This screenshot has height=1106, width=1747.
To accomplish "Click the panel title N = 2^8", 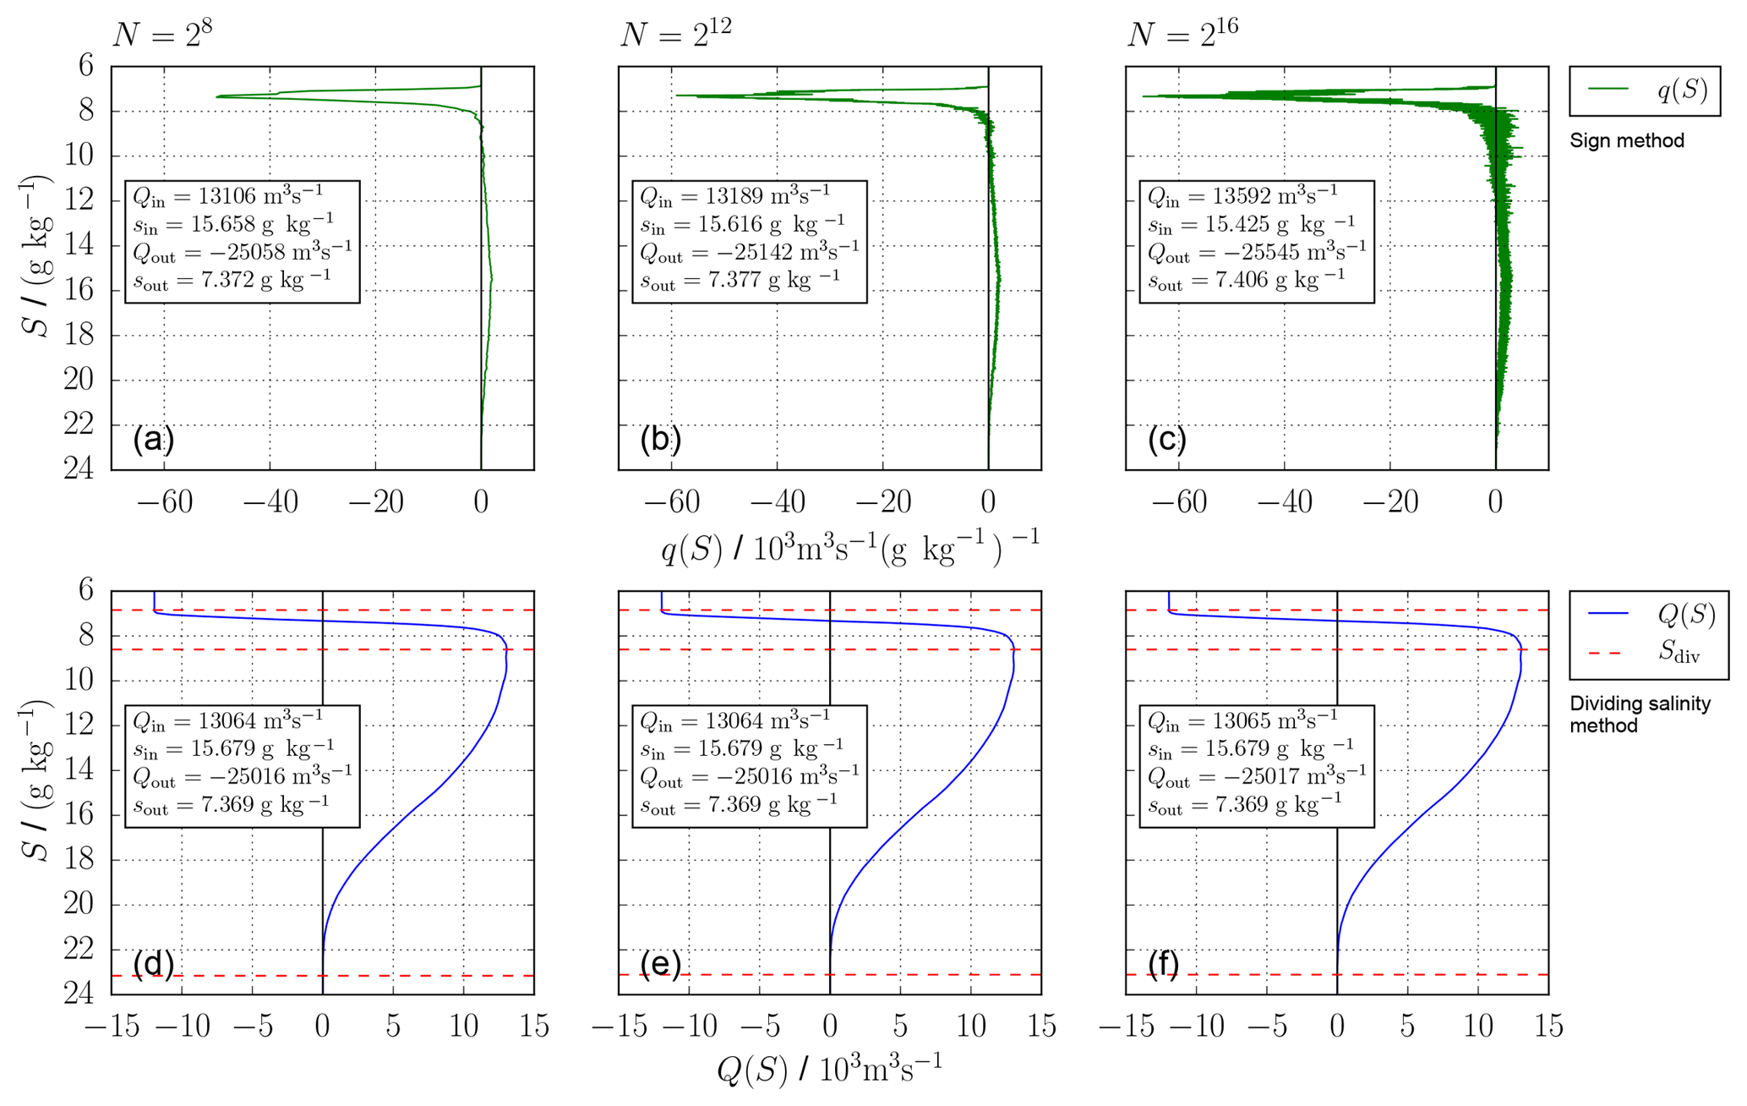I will tap(162, 34).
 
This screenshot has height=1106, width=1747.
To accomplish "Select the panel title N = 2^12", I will tap(675, 34).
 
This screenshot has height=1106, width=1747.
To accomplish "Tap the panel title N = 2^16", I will tap(1182, 34).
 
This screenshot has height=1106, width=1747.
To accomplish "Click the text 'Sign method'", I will tap(1626, 140).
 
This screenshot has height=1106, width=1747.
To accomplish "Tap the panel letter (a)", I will tap(153, 439).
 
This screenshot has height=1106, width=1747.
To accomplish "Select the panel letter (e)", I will tap(660, 963).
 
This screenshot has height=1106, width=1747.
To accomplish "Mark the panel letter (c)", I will tap(1167, 439).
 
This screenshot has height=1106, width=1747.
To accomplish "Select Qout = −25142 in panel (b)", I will tap(749, 252).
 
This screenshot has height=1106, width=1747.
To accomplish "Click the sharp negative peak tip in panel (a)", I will tap(218, 96).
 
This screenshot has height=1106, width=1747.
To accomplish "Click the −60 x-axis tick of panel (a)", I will tap(165, 502).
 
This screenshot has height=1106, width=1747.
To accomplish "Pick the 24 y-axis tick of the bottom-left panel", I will tap(79, 993).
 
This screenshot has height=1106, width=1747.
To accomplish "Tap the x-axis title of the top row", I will tap(849, 549).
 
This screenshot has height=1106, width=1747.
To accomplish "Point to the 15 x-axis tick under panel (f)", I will tap(1548, 1027).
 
